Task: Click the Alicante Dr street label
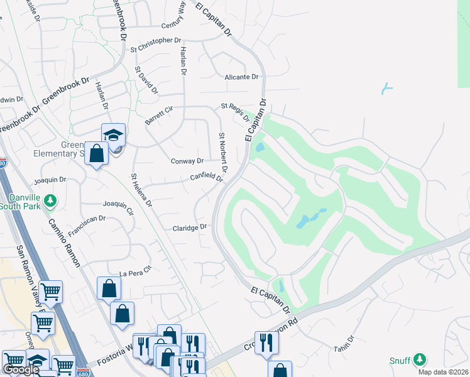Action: pos(241,77)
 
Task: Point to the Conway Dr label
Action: pos(187,161)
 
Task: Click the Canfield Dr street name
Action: pos(207,178)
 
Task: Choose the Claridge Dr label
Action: pos(190,227)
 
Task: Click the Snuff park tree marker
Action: pos(419,360)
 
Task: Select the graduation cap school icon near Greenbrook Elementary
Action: pos(114,135)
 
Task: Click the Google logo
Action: pos(21,370)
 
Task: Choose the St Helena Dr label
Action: pos(141,190)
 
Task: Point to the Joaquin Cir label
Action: pos(119,207)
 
